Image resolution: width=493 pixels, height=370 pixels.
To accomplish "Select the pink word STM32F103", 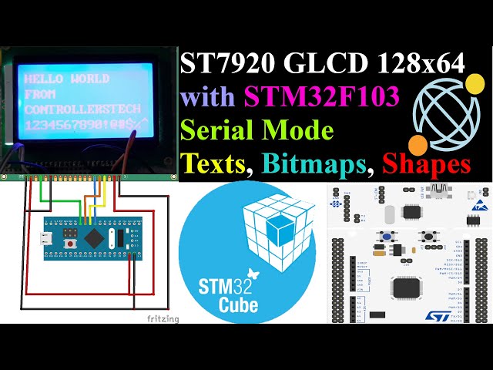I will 321,98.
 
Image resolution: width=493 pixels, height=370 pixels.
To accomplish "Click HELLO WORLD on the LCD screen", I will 68,79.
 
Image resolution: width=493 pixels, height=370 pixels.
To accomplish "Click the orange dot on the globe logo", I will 418,144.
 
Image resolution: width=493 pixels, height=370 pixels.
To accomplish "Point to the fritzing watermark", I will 162,318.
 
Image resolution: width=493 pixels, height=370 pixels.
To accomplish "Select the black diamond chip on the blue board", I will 94,238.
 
